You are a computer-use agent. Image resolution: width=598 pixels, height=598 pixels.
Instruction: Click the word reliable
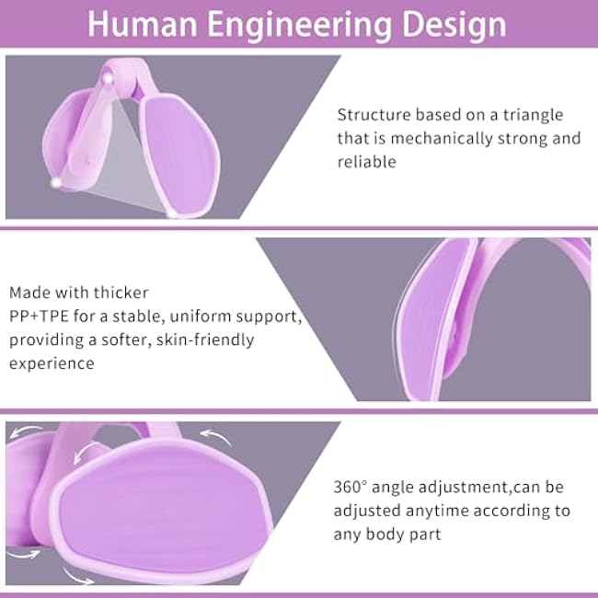click(x=366, y=162)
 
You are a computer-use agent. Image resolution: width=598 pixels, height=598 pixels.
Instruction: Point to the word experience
click(x=52, y=362)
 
